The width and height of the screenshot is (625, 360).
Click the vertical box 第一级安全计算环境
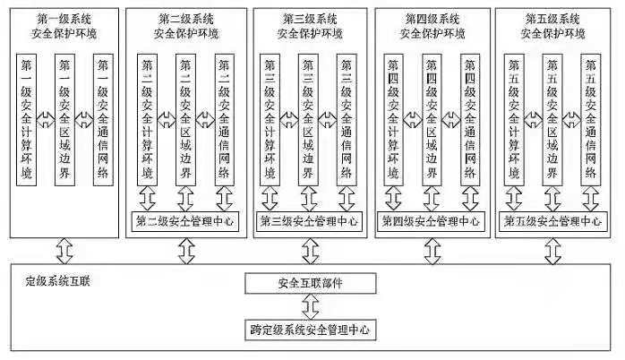tap(29, 119)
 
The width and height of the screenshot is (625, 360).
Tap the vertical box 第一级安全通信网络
tap(104, 119)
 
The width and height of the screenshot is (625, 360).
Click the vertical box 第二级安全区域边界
tap(186, 119)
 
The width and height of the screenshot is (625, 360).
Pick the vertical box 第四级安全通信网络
tap(470, 119)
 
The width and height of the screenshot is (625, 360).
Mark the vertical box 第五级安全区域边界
tap(552, 119)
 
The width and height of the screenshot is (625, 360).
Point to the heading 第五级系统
tap(552, 16)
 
